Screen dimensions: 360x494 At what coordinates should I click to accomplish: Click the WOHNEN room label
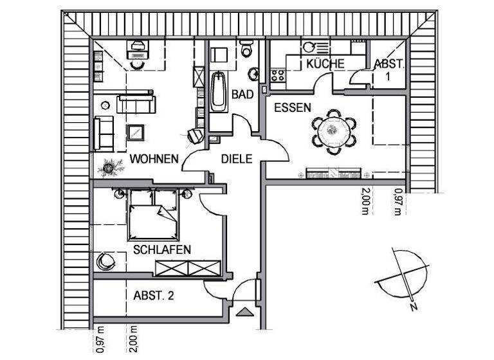(154, 158)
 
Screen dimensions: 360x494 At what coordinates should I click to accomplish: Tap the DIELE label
(236, 158)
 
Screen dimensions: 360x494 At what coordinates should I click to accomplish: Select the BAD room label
(242, 94)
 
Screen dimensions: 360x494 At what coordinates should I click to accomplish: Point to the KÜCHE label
(325, 64)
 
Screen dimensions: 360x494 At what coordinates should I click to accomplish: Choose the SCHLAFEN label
(161, 249)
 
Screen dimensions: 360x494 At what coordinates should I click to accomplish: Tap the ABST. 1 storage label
(389, 69)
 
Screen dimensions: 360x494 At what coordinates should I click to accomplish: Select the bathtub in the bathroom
(218, 92)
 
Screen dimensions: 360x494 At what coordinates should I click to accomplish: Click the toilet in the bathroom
(246, 50)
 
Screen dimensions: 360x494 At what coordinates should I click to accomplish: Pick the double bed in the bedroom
(153, 216)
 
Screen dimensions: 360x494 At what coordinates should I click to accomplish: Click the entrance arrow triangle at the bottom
(245, 313)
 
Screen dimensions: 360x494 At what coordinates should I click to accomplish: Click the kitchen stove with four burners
(278, 75)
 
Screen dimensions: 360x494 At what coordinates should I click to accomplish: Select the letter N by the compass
(414, 307)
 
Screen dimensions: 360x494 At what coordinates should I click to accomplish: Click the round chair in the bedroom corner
(105, 262)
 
